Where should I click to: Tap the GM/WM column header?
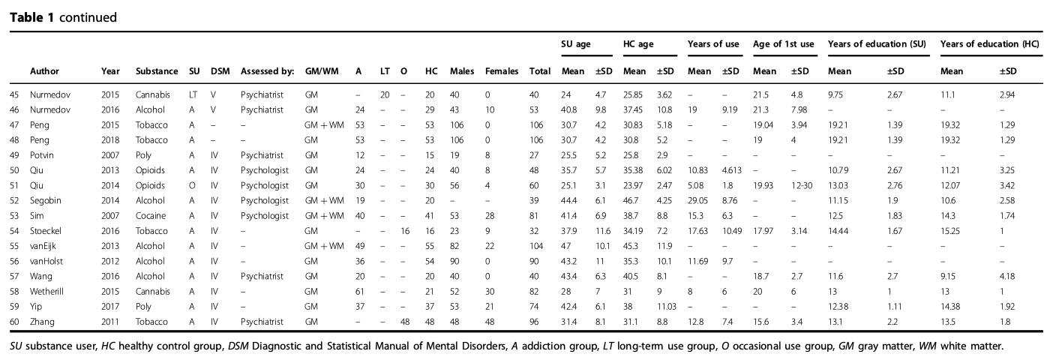322,71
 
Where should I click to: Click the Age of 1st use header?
783,44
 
